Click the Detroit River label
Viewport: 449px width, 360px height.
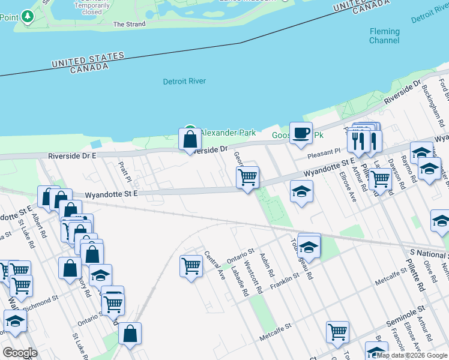coord(184,81)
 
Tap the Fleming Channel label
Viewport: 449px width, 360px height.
coord(384,36)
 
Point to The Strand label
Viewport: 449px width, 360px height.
coord(129,25)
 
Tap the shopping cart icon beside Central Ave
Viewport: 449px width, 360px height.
coord(190,265)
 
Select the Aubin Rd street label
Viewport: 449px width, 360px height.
coord(267,265)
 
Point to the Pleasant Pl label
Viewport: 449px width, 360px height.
coord(324,154)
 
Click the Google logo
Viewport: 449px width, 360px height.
coord(20,353)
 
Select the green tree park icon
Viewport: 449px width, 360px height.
coord(27,17)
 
